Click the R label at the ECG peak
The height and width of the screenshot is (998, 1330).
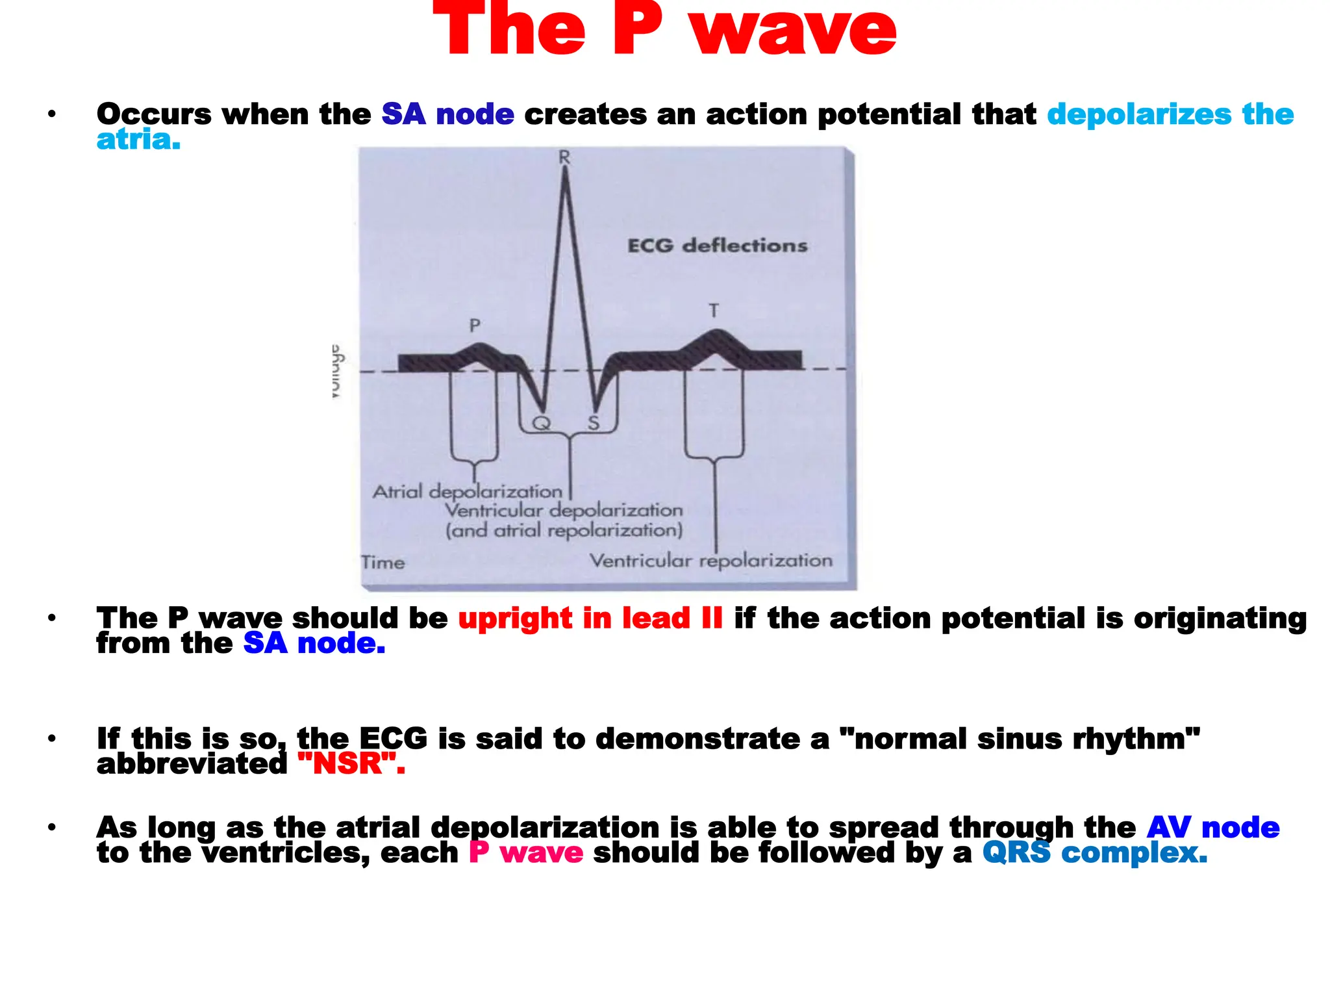tap(564, 157)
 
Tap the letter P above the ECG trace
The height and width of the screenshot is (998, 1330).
tap(475, 326)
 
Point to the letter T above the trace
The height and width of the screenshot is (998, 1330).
tap(714, 311)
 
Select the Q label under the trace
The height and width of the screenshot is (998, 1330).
tap(541, 424)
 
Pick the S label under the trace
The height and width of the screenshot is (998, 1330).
tap(594, 424)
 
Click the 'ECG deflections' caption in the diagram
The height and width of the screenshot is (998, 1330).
tap(717, 246)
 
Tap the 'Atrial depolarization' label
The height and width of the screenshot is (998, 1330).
tap(467, 491)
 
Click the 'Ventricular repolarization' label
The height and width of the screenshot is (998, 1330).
tap(710, 561)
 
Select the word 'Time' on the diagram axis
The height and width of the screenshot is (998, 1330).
tap(383, 562)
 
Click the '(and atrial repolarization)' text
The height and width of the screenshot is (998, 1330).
tap(564, 531)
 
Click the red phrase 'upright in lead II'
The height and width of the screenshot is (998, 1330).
tap(590, 618)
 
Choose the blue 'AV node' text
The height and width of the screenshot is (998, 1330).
tap(1212, 828)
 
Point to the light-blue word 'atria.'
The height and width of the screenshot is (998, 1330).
tap(138, 139)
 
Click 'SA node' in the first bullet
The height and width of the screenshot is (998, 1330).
tap(447, 114)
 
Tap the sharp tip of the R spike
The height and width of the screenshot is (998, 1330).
tap(566, 169)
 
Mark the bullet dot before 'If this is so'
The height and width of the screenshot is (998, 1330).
tap(52, 739)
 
